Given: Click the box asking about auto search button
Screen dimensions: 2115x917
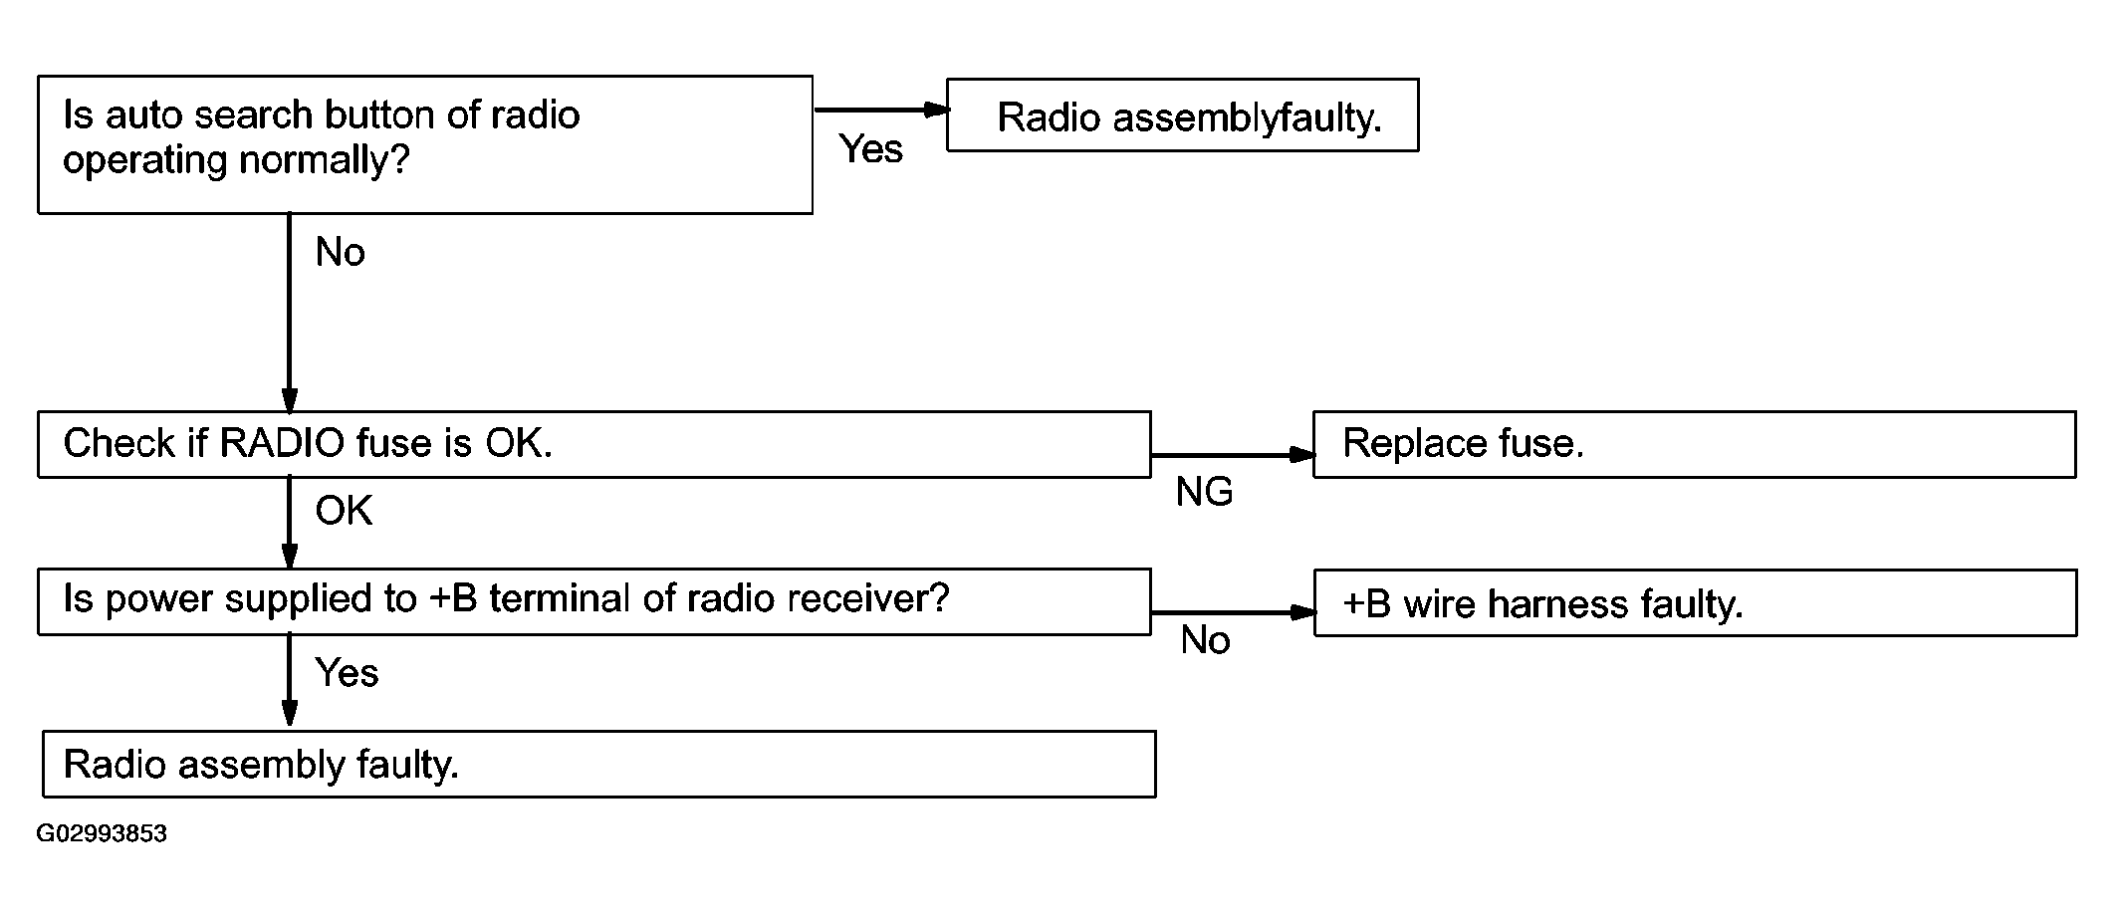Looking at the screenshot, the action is tap(425, 144).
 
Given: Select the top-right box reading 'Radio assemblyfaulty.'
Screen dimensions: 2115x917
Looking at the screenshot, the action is tap(1182, 115).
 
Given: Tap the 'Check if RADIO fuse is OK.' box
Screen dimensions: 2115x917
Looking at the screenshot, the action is tap(594, 444).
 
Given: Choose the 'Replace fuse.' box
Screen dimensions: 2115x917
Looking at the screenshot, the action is tap(1695, 444).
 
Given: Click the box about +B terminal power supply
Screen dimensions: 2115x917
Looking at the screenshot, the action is tap(594, 601).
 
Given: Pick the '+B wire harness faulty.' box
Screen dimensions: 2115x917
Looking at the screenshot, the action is tap(1695, 602).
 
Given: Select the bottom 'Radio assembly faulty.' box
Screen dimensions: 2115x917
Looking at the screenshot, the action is tap(599, 764).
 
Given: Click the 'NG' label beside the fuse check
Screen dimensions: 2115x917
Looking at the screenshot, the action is tap(1204, 492).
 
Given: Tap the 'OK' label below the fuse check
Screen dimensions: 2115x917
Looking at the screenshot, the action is tap(344, 511).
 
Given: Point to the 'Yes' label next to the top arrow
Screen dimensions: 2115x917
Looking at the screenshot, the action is tap(871, 149).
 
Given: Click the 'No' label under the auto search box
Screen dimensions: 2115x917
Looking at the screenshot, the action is tap(340, 253).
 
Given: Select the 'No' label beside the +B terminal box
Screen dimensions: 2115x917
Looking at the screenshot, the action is tap(1205, 640).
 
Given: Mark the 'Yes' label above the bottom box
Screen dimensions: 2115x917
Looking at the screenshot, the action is tap(347, 673).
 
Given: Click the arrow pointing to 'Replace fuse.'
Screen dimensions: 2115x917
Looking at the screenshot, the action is tap(1233, 455).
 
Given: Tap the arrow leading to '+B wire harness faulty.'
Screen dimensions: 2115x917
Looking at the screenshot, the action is tap(1233, 612).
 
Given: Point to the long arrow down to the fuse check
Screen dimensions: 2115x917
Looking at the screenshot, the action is tap(290, 313).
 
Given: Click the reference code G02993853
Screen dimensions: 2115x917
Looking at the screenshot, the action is tap(102, 833).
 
